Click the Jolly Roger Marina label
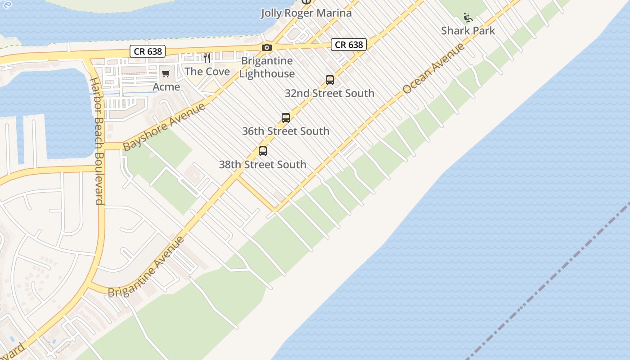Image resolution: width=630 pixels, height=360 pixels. (x=306, y=13)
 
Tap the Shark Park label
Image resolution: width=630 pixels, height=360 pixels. (x=468, y=31)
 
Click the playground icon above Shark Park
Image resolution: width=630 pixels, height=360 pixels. (x=468, y=18)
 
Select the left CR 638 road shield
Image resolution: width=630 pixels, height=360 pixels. (x=148, y=51)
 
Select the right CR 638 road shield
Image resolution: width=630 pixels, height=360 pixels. (x=349, y=45)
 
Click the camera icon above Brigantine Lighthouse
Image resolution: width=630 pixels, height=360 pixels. (x=267, y=47)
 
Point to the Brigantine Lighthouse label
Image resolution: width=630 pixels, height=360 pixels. (x=267, y=67)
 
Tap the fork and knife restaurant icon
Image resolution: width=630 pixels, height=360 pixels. (x=207, y=58)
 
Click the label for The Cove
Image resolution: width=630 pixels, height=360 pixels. (x=207, y=72)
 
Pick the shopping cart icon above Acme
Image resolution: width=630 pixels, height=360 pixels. (x=166, y=73)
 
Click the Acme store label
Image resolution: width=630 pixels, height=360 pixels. (x=166, y=86)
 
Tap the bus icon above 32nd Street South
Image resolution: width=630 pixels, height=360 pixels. (x=330, y=80)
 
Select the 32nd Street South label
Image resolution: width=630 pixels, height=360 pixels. (x=329, y=93)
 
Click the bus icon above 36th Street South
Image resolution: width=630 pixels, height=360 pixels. (x=286, y=118)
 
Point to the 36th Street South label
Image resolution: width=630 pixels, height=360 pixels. (x=286, y=131)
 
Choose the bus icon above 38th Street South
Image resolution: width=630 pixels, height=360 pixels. (x=263, y=151)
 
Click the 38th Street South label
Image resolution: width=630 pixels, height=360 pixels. (x=263, y=164)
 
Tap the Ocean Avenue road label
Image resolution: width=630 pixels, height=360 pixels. (x=433, y=69)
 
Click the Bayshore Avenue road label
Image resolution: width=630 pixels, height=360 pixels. (x=164, y=127)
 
